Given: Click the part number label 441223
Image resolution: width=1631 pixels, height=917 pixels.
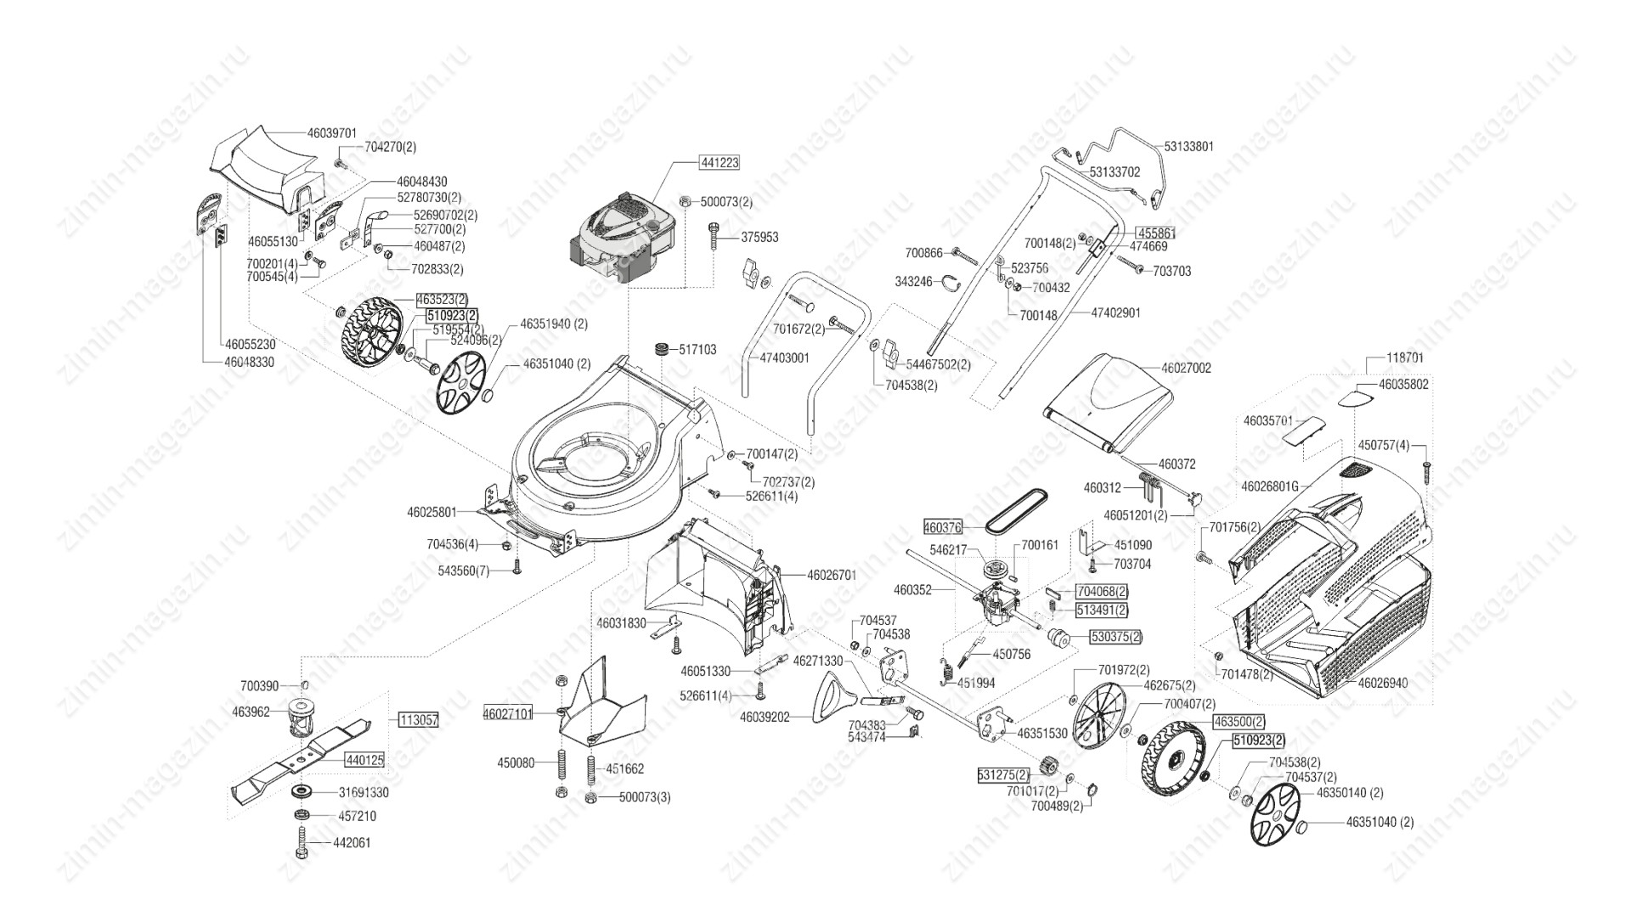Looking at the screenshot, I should pyautogui.click(x=719, y=162).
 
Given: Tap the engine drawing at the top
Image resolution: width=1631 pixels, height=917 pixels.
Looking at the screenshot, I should pyautogui.click(x=622, y=233).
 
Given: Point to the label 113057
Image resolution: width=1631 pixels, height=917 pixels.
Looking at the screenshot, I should pyautogui.click(x=418, y=720).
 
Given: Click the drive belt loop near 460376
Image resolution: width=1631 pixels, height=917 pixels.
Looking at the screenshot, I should pyautogui.click(x=1015, y=512).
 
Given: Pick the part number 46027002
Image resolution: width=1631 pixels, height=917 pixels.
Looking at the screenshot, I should pyautogui.click(x=1186, y=368).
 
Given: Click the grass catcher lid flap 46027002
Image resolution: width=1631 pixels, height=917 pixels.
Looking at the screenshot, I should pyautogui.click(x=1109, y=399).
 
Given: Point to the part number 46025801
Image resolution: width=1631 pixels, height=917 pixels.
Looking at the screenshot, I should pyautogui.click(x=432, y=512).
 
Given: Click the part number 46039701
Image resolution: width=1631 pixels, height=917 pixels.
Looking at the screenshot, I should pyautogui.click(x=331, y=132).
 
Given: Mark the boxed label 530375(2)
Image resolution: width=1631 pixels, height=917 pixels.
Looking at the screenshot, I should pyautogui.click(x=1116, y=636).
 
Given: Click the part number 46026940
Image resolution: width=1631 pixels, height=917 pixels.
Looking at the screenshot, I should pyautogui.click(x=1383, y=682).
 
